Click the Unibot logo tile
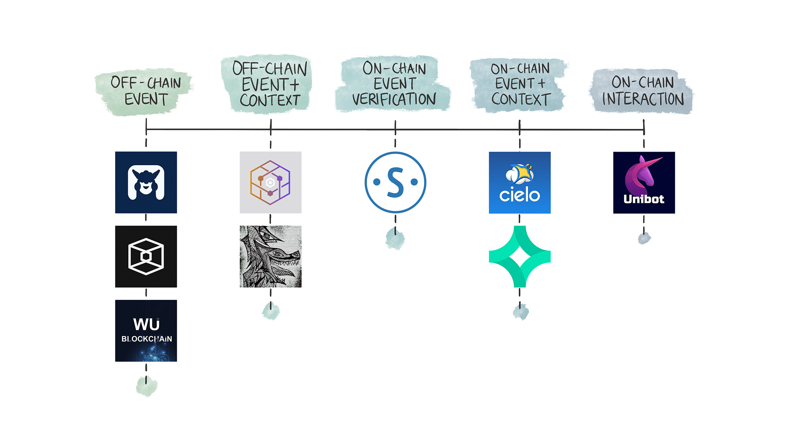(x=644, y=183)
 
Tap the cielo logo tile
(x=520, y=183)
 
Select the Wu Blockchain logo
(x=146, y=331)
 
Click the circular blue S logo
(x=395, y=182)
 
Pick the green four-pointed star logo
(x=520, y=257)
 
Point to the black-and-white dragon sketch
(x=270, y=257)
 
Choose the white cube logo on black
(x=146, y=257)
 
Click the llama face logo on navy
(x=146, y=183)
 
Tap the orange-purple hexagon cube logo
(x=270, y=183)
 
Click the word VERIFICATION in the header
(x=394, y=100)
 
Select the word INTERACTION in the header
(x=643, y=99)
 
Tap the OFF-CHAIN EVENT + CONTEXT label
(x=269, y=84)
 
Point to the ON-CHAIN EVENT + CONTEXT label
(x=520, y=84)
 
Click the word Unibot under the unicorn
(x=644, y=199)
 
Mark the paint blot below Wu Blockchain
(x=146, y=386)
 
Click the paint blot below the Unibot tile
(x=644, y=238)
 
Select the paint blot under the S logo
(x=395, y=239)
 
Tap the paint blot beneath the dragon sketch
(x=271, y=311)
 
